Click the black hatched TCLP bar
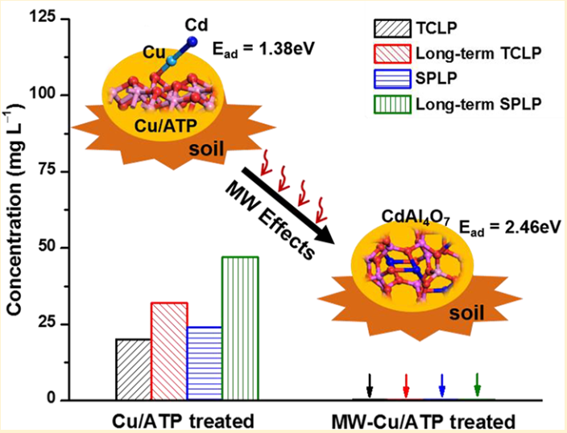pos(133,369)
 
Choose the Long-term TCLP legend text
pos(477,55)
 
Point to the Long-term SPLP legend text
pos(476,103)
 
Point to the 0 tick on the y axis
pos(60,399)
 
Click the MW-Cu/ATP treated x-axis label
pos(423,421)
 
